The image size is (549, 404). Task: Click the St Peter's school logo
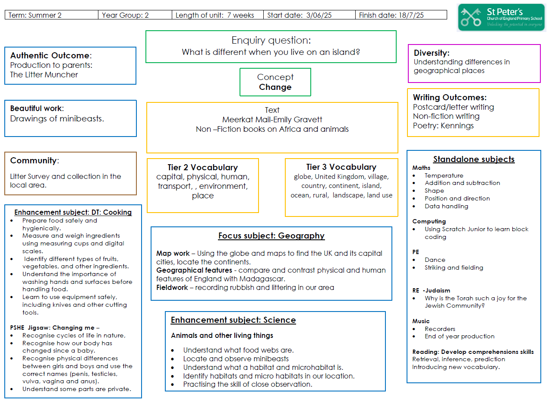pos(501,17)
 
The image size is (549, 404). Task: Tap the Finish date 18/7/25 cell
pos(401,15)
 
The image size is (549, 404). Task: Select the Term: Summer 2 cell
pos(51,15)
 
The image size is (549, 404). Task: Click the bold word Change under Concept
pos(275,87)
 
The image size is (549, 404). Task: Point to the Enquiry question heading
pos(271,40)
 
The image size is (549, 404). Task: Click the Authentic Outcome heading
pos(51,55)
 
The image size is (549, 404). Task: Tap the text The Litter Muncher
pos(44,75)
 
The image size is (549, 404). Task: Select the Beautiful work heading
pos(37,108)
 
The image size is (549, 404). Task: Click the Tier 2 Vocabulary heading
pos(203,167)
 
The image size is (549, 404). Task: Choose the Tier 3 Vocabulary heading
pos(341,167)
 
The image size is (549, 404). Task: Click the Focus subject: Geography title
pos(271,235)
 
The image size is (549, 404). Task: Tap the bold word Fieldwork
pos(172,287)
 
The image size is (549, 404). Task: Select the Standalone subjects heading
pos(473,159)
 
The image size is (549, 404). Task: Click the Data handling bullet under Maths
pos(446,206)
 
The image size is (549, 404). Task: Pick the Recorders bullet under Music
pos(440,329)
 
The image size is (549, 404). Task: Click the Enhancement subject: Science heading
pos(233,320)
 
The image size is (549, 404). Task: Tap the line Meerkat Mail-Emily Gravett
pos(272,119)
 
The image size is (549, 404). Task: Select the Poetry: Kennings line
pos(443,126)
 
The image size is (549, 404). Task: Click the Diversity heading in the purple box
pos(432,53)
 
